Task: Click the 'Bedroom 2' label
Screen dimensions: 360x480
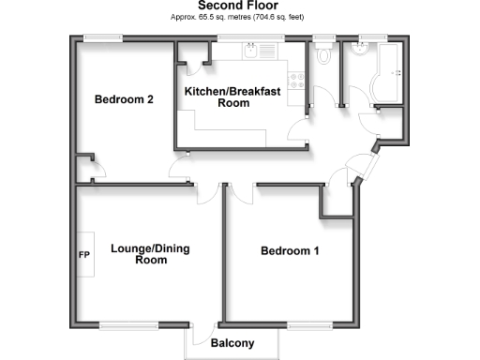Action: [124, 99]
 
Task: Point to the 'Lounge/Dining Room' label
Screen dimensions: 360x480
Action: [138, 254]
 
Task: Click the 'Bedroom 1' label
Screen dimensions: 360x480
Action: [290, 250]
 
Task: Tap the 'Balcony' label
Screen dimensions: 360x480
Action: [233, 344]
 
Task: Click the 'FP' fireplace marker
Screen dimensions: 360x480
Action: [83, 255]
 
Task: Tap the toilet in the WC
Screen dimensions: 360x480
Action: [324, 56]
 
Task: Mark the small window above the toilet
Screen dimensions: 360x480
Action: [324, 37]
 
